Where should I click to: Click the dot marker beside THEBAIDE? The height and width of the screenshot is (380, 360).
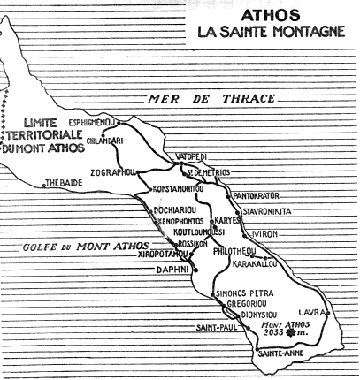click(x=44, y=185)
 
